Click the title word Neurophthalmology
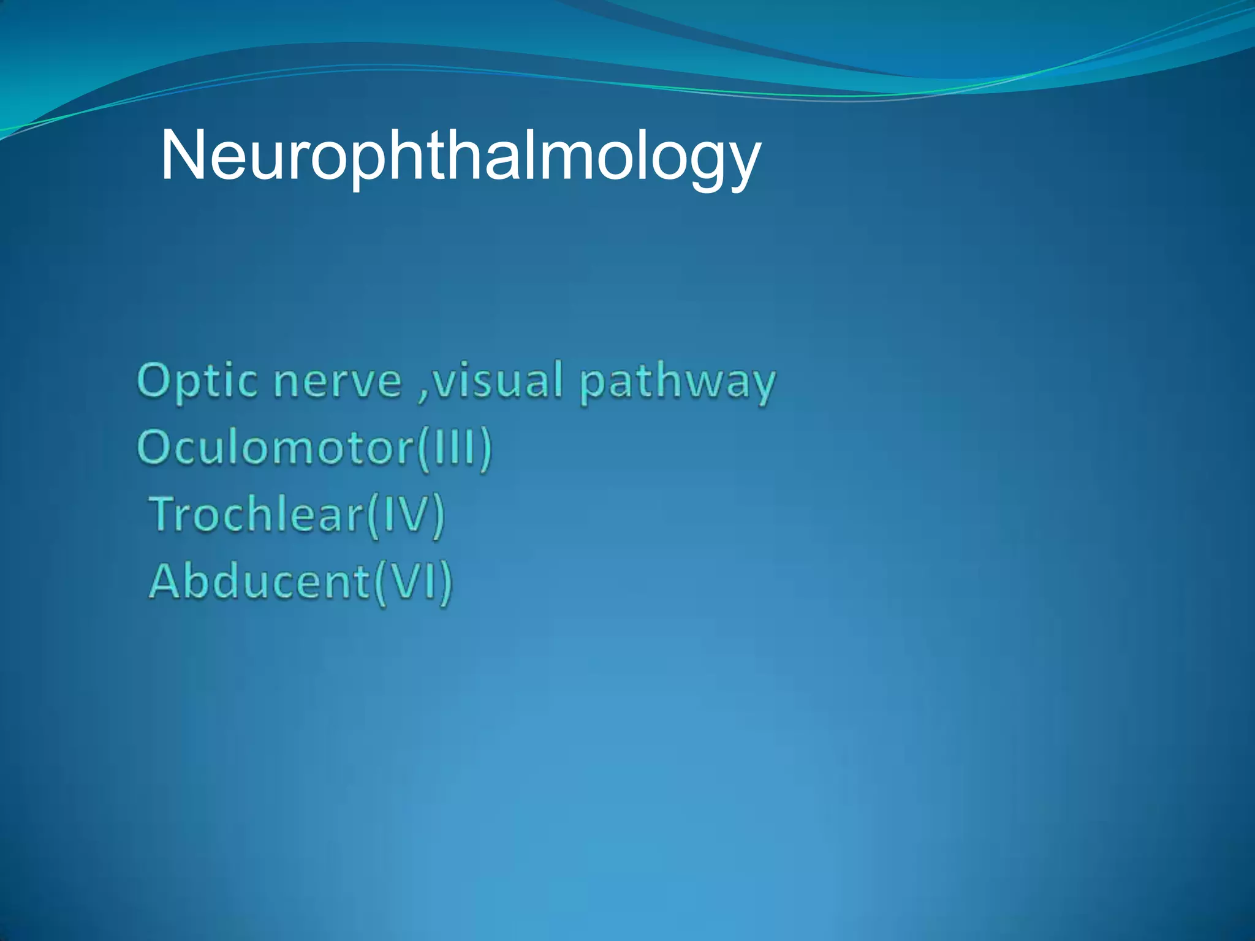click(x=460, y=157)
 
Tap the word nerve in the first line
click(x=338, y=382)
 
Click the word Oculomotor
click(x=276, y=447)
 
